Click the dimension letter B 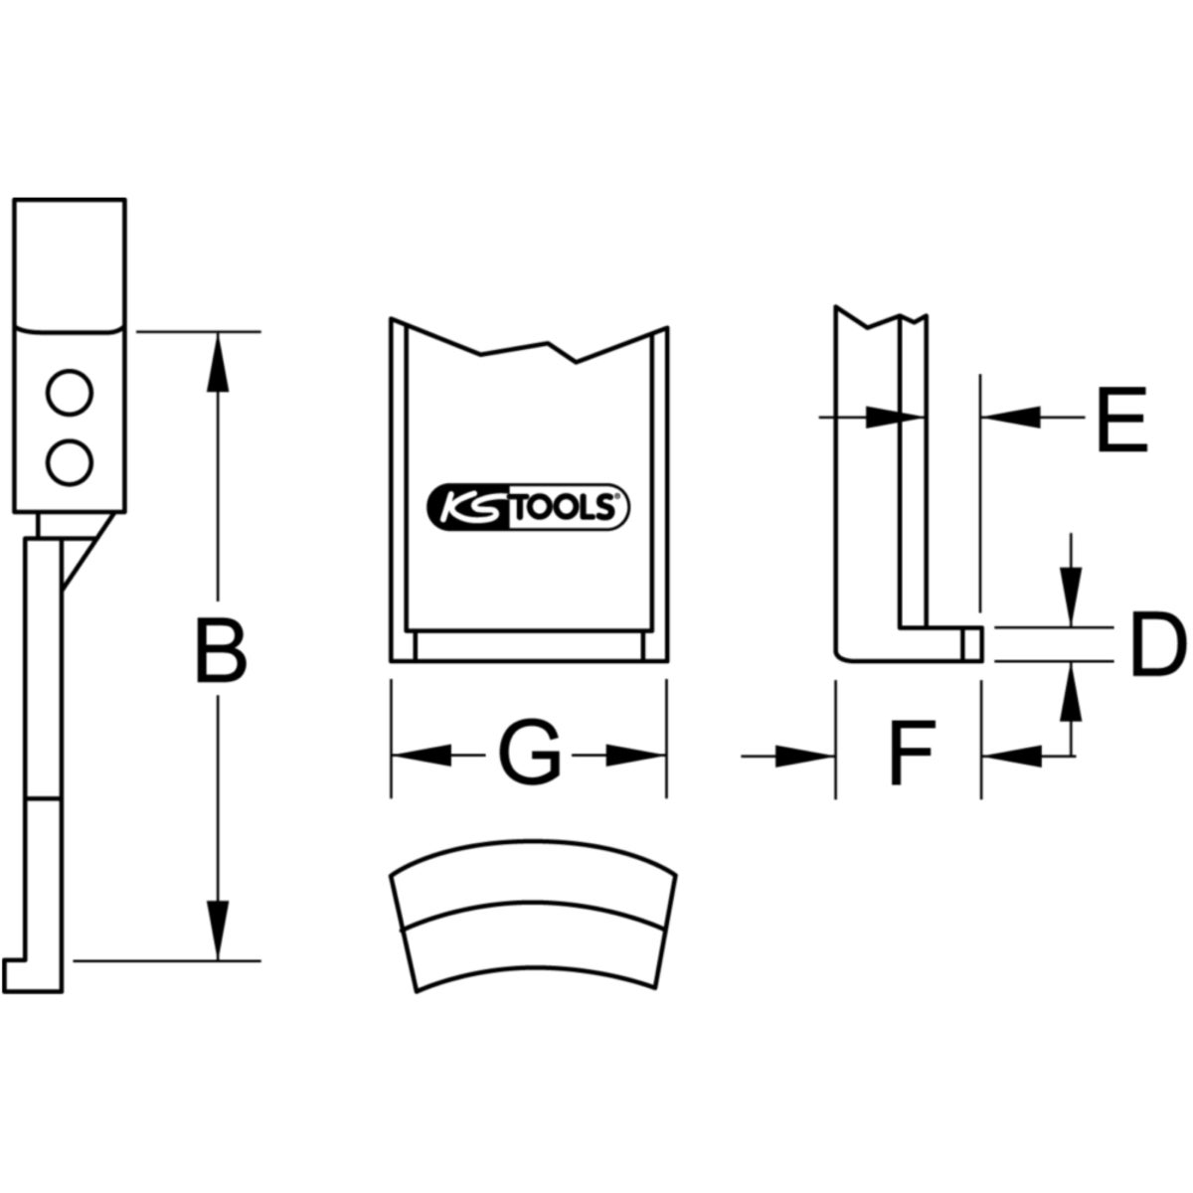point(220,651)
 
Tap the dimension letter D point(1156,646)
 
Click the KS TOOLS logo point(528,507)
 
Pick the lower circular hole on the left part point(70,460)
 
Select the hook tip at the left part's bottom point(14,969)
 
